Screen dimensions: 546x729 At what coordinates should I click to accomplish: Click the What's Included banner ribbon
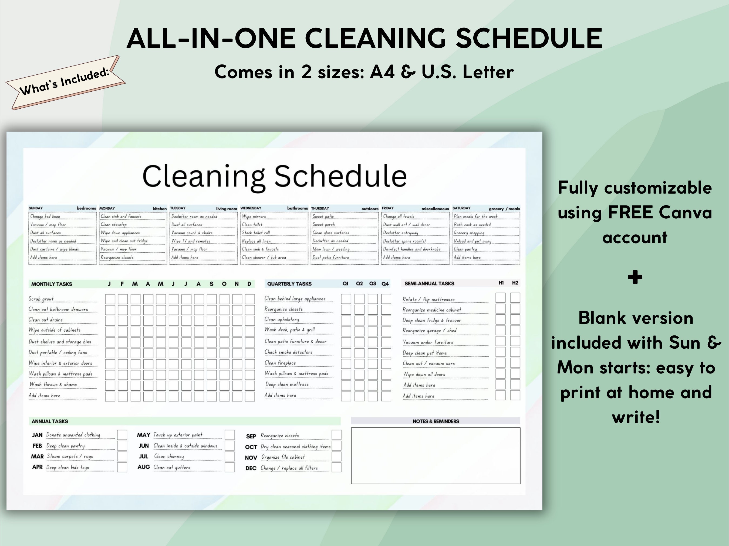[x=65, y=83]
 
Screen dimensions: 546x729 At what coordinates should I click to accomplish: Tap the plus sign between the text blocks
[x=635, y=277]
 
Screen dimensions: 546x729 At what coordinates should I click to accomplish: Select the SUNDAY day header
[x=36, y=208]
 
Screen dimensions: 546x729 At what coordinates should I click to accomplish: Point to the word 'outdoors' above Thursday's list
[x=370, y=209]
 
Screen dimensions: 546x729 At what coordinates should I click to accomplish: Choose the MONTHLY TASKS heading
[x=52, y=284]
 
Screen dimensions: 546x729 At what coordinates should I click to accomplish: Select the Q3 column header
[x=372, y=284]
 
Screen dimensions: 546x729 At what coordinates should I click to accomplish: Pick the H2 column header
[x=515, y=283]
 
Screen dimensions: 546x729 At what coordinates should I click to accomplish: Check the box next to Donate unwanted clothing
[x=122, y=435]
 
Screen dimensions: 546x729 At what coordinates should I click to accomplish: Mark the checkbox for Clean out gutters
[x=230, y=467]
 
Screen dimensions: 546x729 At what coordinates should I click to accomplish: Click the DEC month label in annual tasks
[x=251, y=468]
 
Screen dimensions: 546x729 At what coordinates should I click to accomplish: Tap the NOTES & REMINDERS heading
[x=436, y=421]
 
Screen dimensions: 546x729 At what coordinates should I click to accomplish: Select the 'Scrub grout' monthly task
[x=41, y=299]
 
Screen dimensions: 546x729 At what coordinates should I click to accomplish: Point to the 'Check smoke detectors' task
[x=288, y=352]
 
